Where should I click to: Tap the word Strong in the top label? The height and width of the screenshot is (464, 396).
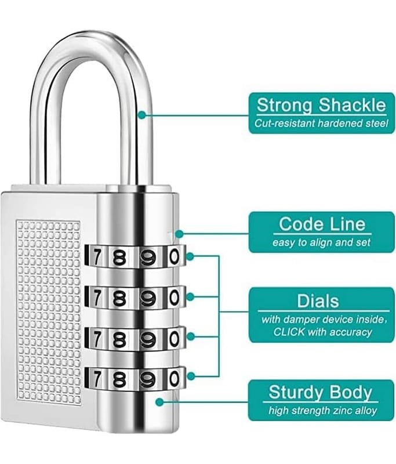(285, 105)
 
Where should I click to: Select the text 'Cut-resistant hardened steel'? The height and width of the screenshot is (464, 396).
(321, 123)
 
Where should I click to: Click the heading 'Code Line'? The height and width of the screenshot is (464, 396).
(322, 224)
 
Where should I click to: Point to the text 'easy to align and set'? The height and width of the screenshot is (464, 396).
(321, 242)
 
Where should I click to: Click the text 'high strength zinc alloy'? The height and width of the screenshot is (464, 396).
(322, 411)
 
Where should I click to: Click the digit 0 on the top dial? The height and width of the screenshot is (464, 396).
(174, 256)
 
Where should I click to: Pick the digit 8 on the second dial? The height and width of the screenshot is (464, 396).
(119, 297)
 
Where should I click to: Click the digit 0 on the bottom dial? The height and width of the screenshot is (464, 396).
(174, 378)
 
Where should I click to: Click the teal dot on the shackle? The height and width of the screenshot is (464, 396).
(141, 115)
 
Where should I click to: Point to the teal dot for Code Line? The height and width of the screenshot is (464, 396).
(179, 234)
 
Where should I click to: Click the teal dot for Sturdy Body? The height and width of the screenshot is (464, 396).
(159, 400)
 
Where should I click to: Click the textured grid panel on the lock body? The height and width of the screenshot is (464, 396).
(49, 313)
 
